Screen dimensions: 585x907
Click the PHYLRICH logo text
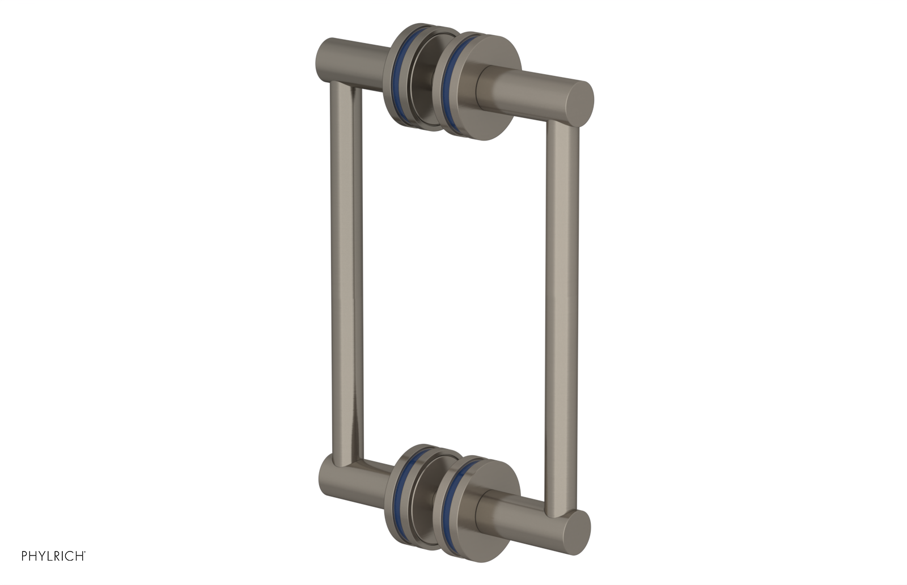click(x=53, y=556)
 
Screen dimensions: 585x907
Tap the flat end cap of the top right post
click(x=579, y=105)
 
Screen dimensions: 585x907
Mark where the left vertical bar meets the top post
click(x=343, y=85)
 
